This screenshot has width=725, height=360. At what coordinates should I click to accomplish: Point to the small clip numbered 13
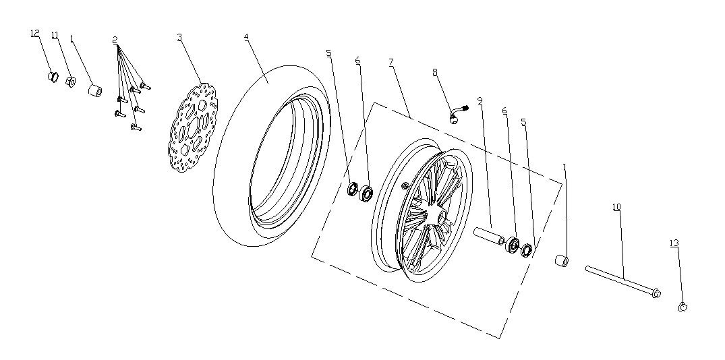tap(682, 307)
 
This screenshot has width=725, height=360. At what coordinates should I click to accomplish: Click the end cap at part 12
tap(50, 76)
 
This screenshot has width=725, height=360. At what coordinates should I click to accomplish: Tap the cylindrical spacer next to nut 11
tap(95, 90)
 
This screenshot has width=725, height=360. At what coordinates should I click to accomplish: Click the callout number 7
tap(390, 62)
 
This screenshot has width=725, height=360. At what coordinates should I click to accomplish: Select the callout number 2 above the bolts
tap(115, 40)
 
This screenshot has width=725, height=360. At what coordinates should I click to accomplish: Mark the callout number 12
tap(35, 34)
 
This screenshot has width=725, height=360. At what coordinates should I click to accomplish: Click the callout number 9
tap(479, 101)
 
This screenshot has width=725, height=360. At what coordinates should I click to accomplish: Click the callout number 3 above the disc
tap(179, 37)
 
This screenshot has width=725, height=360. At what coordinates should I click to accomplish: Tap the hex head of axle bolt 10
tap(657, 293)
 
